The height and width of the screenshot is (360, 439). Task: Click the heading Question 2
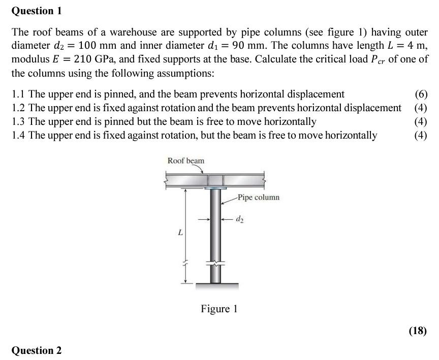point(37,350)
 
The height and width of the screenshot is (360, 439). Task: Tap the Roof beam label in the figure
point(186,161)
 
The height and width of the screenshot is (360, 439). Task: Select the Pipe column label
point(258,197)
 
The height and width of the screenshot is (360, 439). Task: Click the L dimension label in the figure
point(179,233)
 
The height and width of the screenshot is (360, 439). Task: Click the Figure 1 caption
point(219,309)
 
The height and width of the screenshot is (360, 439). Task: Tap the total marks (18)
point(418,331)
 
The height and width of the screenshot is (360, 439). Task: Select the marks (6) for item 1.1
point(421,94)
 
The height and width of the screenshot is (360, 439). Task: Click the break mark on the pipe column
point(215,263)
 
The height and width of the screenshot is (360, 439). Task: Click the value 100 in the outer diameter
point(89,46)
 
